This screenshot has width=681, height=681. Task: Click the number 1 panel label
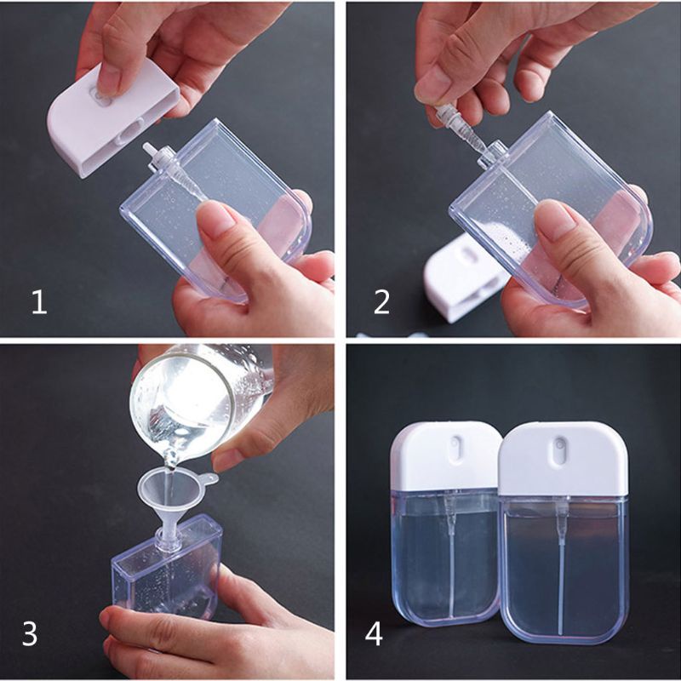tap(38, 301)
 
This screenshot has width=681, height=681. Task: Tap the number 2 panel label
tap(381, 301)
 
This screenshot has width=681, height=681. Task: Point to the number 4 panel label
tap(374, 634)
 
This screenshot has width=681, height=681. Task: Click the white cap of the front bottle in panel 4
tap(563, 460)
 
